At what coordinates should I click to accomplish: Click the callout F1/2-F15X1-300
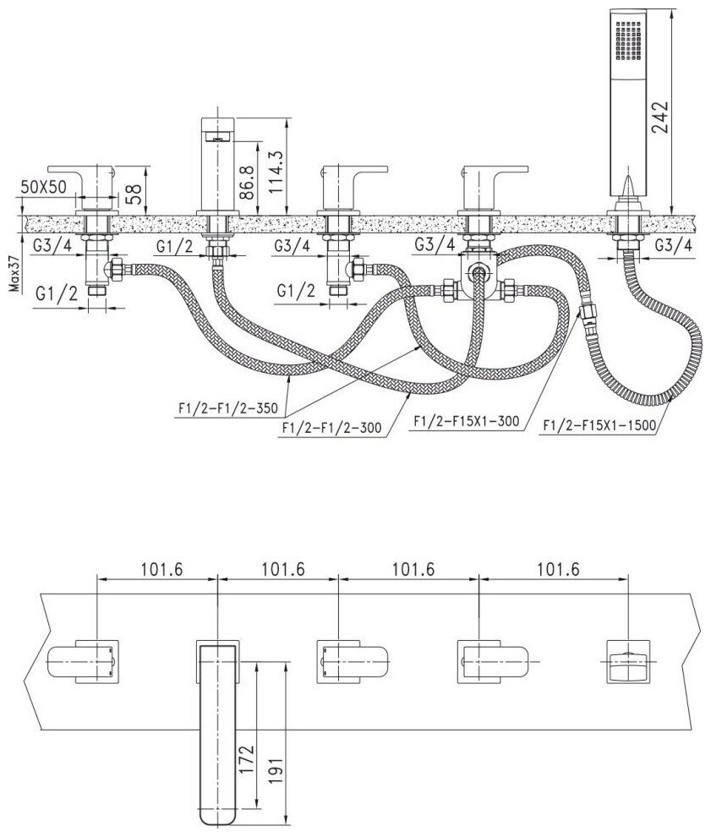[463, 420]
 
